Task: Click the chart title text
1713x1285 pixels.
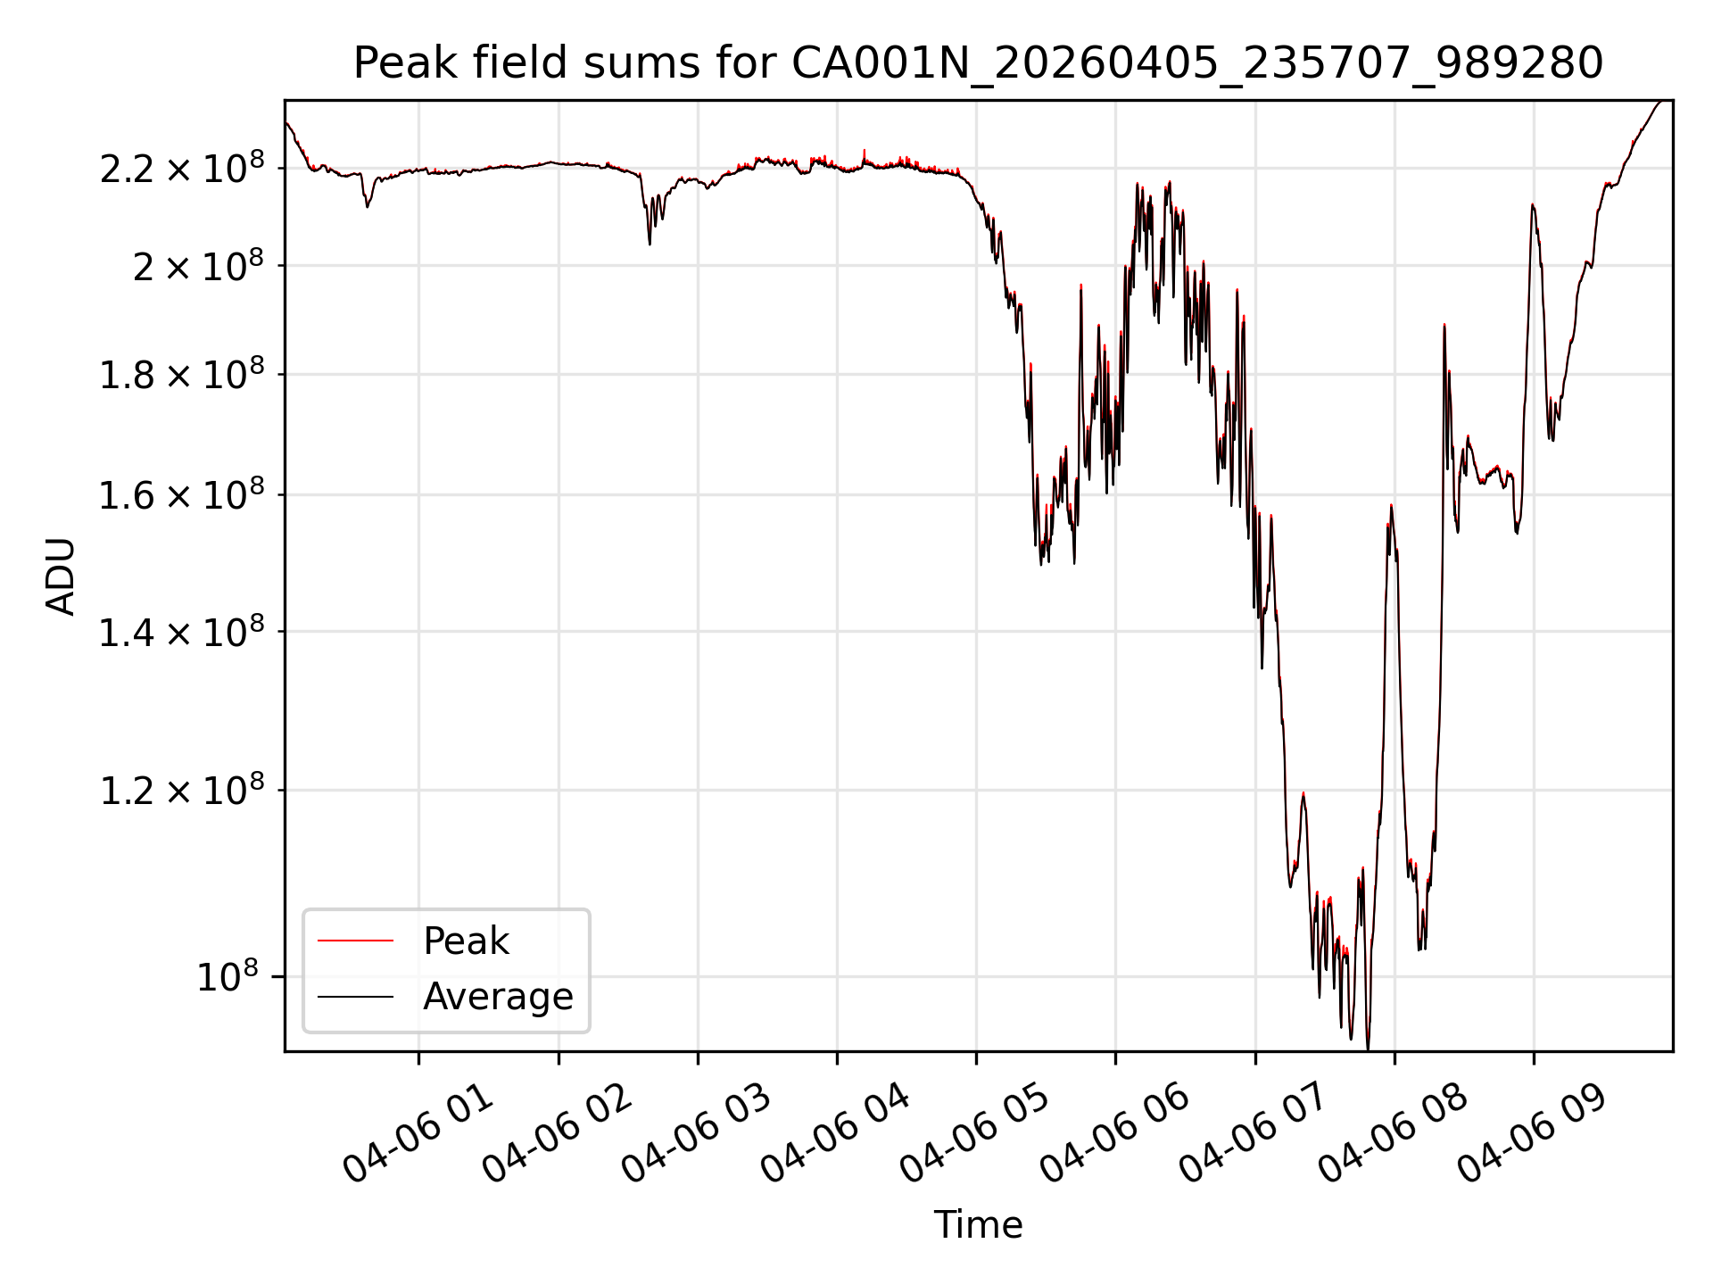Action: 978,63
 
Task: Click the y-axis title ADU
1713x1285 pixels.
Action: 61,576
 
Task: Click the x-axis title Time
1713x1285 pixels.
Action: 978,1225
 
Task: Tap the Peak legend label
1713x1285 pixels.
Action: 466,941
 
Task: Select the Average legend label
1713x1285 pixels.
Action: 498,997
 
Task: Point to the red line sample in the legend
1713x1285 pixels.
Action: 355,941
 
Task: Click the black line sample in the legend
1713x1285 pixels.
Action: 355,996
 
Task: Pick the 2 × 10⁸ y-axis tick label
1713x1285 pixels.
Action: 198,266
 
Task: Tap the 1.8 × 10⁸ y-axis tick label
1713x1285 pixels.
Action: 182,375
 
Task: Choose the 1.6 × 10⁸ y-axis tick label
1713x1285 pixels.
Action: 182,495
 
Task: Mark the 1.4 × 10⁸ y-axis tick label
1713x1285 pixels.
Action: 182,633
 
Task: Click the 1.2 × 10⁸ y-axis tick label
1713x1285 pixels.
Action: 182,791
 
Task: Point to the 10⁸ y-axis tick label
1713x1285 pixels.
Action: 230,977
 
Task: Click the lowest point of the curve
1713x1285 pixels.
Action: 1368,1049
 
